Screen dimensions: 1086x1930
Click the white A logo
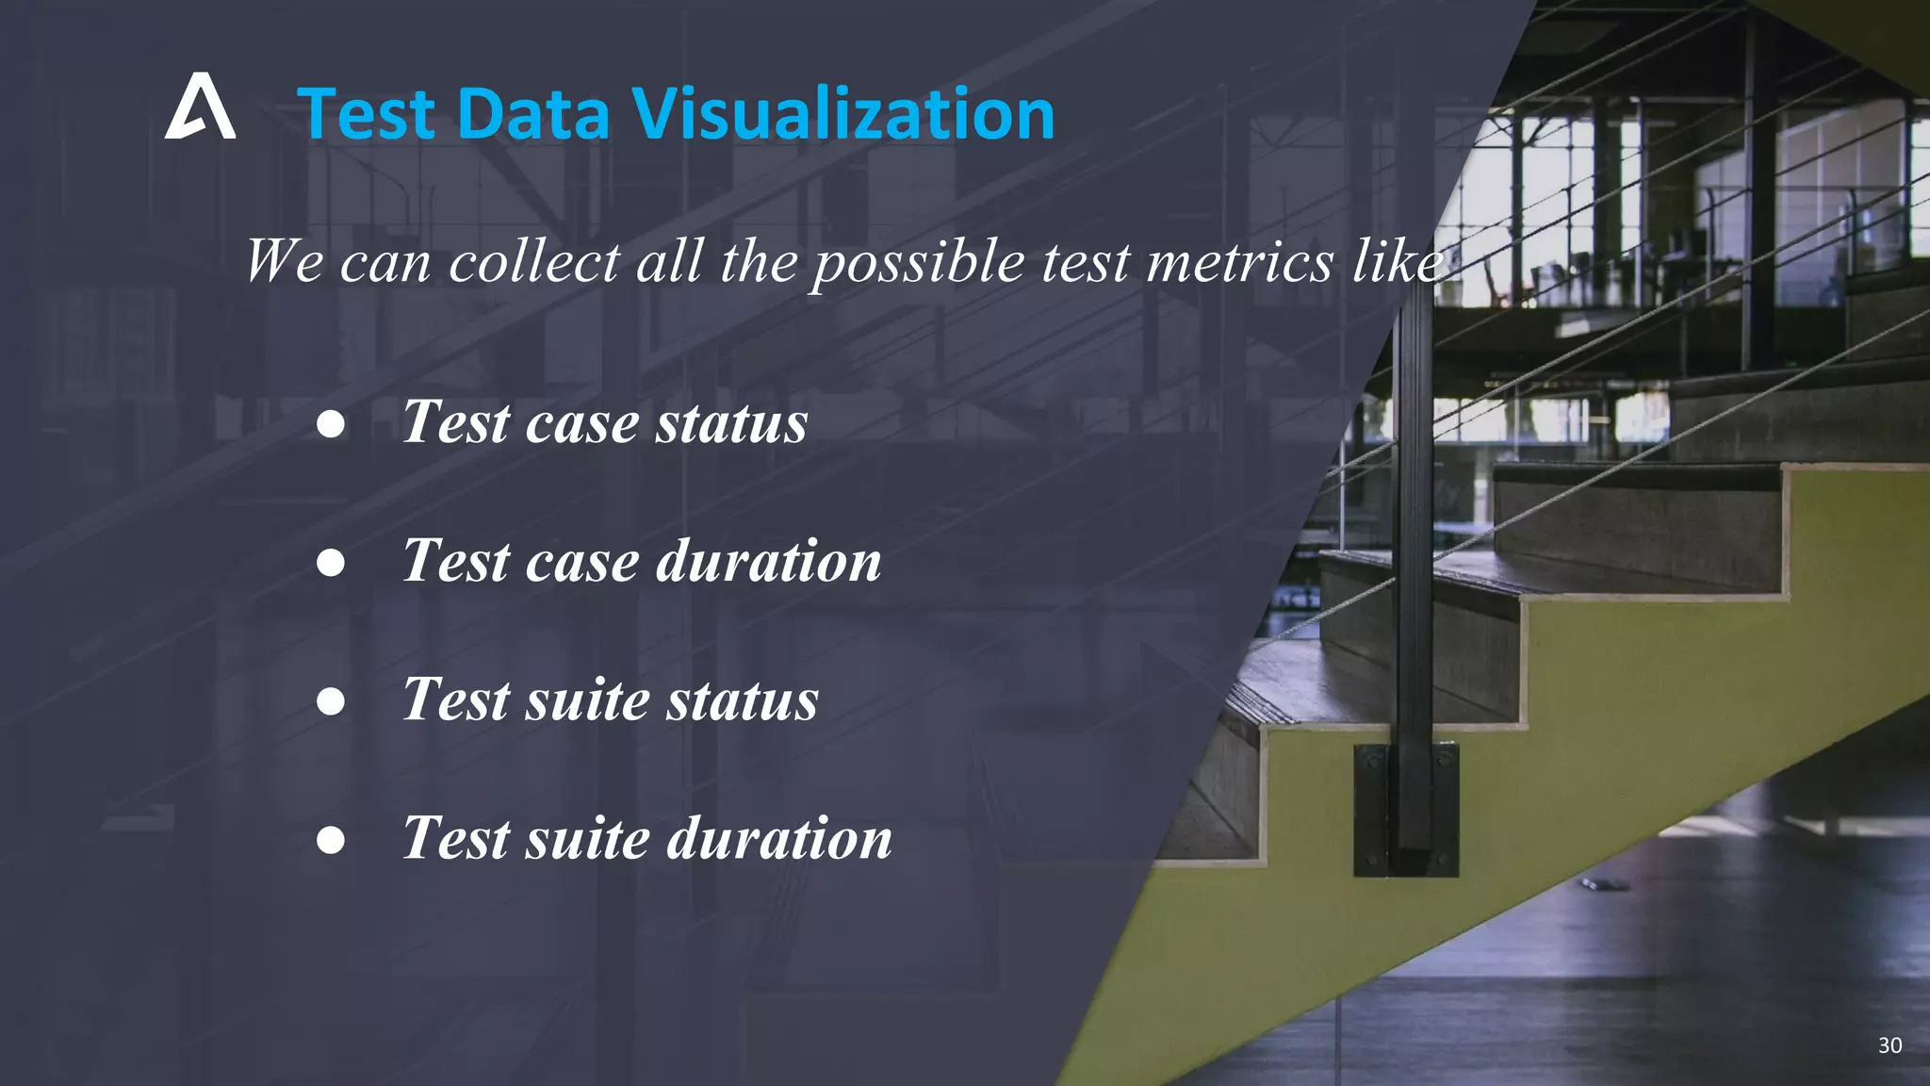(200, 107)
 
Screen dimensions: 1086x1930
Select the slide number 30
(1889, 1045)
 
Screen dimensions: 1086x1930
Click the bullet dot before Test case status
(331, 424)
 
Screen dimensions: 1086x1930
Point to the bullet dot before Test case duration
(331, 563)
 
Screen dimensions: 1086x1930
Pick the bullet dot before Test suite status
(331, 701)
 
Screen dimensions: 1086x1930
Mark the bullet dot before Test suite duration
(331, 839)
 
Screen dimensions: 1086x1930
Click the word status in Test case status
(731, 422)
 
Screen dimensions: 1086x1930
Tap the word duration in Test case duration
(768, 561)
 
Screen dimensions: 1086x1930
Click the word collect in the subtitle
(533, 261)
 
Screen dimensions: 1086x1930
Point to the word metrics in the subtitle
(1240, 261)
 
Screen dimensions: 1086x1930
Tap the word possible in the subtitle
(918, 261)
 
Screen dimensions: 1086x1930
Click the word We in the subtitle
(285, 261)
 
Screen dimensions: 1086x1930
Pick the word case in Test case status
(581, 422)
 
